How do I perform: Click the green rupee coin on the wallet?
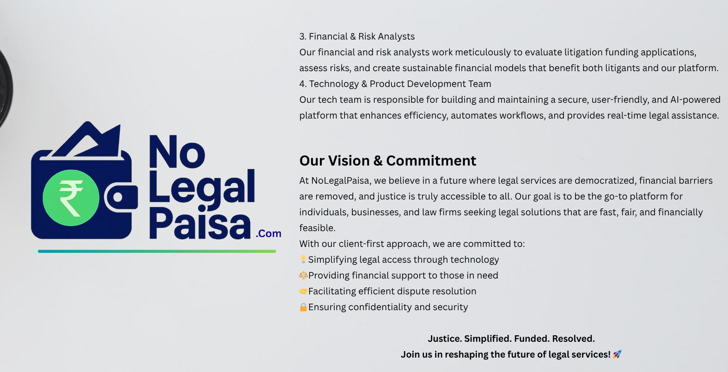(x=71, y=198)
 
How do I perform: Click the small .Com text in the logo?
(x=269, y=233)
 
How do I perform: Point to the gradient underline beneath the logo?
(x=157, y=251)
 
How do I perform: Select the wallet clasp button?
(x=118, y=198)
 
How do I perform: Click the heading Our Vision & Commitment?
(x=388, y=161)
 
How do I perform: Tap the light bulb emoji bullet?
(x=303, y=259)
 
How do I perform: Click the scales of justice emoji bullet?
(x=303, y=275)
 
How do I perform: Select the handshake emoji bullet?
(x=303, y=291)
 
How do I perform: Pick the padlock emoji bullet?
(x=303, y=307)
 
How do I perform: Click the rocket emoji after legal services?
(x=617, y=354)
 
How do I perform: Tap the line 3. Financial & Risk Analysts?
(x=357, y=36)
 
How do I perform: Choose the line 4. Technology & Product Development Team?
(x=395, y=84)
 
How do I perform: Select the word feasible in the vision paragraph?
(x=317, y=228)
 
